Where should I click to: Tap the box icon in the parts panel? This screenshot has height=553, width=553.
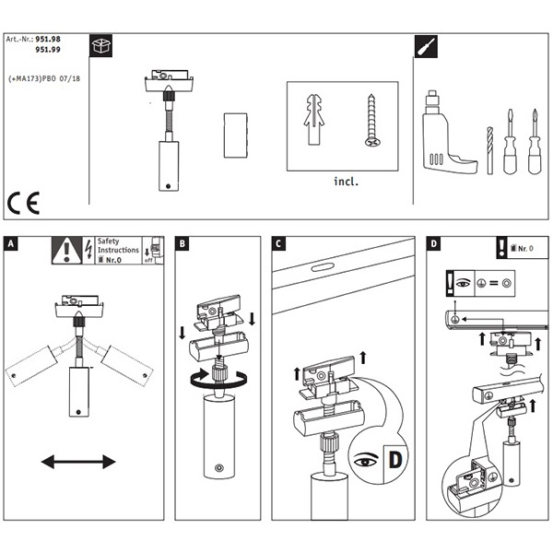[x=100, y=45]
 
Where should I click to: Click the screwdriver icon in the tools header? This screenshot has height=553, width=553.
[x=426, y=45]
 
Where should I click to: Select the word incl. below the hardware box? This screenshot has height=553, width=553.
[x=346, y=182]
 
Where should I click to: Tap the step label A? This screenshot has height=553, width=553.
[x=10, y=245]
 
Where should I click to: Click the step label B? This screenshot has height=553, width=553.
[x=182, y=245]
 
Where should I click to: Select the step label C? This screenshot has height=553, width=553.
[x=278, y=245]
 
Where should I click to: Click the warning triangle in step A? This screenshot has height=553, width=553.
[x=66, y=251]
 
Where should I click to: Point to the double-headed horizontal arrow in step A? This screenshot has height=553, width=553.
[x=77, y=461]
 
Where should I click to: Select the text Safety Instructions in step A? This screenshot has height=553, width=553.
[x=118, y=245]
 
